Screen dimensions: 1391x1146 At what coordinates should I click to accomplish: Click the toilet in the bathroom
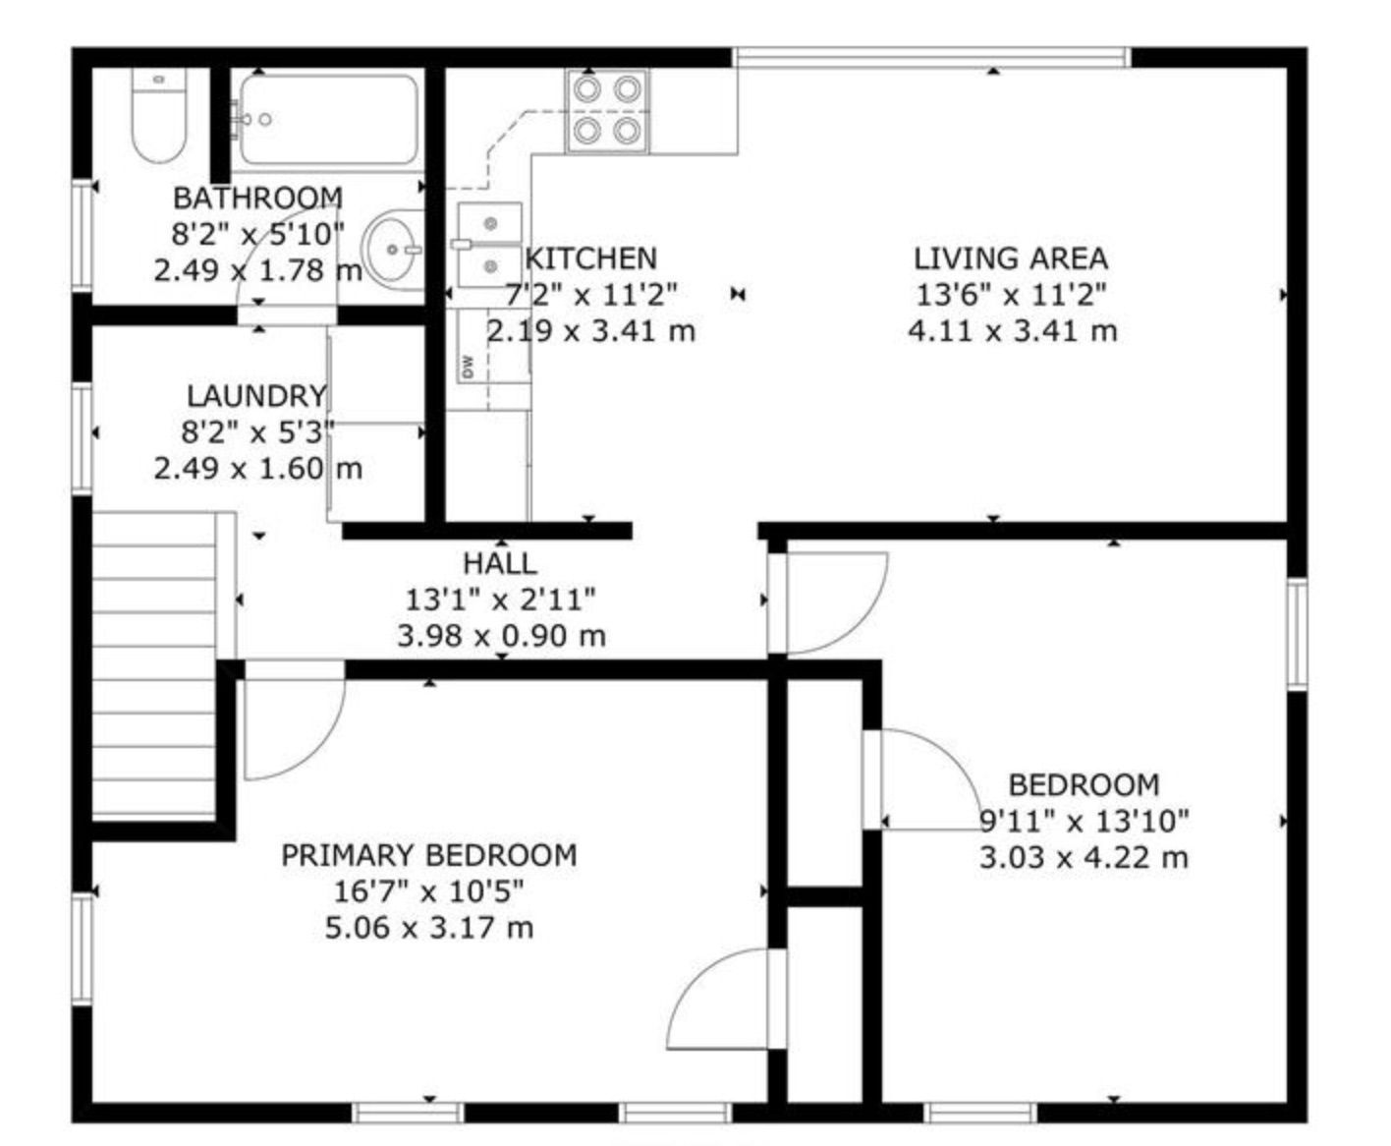coord(158,115)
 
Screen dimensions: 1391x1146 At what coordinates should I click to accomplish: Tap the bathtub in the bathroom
coord(329,120)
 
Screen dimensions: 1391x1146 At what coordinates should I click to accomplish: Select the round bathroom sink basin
coord(393,250)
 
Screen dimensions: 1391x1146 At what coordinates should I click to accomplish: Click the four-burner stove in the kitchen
coord(607,111)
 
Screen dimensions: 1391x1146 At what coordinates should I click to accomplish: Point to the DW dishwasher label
coord(468,366)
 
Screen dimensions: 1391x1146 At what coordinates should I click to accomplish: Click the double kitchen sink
coord(489,246)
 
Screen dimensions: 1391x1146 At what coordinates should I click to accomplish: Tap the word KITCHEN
coord(591,258)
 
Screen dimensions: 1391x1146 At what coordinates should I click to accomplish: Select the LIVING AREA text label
coord(1011,258)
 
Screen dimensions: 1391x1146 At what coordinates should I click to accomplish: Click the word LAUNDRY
coord(257,397)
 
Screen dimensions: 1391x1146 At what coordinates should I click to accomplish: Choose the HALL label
coord(500,564)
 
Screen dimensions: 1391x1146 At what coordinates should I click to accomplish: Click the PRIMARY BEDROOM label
coord(429,855)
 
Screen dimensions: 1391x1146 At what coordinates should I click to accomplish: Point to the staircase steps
coord(154,664)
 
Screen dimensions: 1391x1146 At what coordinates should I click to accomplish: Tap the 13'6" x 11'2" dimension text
coord(1011,295)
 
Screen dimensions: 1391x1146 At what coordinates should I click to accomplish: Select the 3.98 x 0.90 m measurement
coord(502,636)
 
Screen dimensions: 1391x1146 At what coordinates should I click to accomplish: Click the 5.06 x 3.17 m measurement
coord(429,928)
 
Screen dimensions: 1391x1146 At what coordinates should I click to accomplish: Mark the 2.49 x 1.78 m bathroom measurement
coord(258,270)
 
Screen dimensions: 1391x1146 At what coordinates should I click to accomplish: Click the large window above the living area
coord(932,57)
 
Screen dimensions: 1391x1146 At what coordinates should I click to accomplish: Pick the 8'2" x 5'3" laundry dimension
coord(257,432)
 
